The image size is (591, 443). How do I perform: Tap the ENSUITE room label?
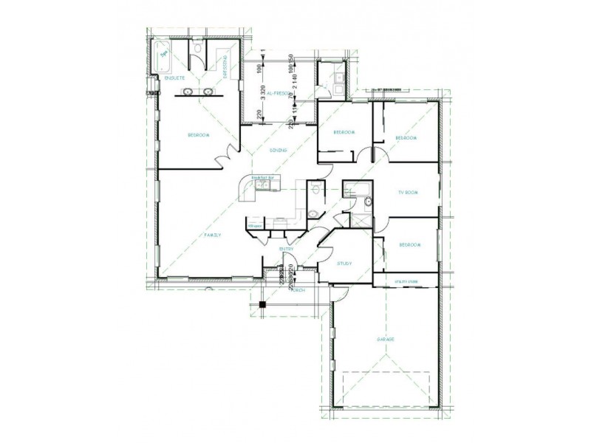coord(174,77)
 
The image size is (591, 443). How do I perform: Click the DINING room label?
coord(278,151)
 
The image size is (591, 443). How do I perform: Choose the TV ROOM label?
coord(408,192)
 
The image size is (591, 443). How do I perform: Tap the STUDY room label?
coord(344,264)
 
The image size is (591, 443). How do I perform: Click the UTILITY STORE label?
coord(406,281)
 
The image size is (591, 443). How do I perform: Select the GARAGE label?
coord(385,339)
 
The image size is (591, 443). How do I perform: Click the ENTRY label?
coord(287,249)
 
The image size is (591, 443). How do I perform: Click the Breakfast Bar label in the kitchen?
coord(262,178)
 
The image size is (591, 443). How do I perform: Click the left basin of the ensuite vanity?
coord(188,92)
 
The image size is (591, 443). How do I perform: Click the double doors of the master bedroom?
coord(225,157)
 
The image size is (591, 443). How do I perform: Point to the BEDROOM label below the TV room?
coord(410,244)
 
